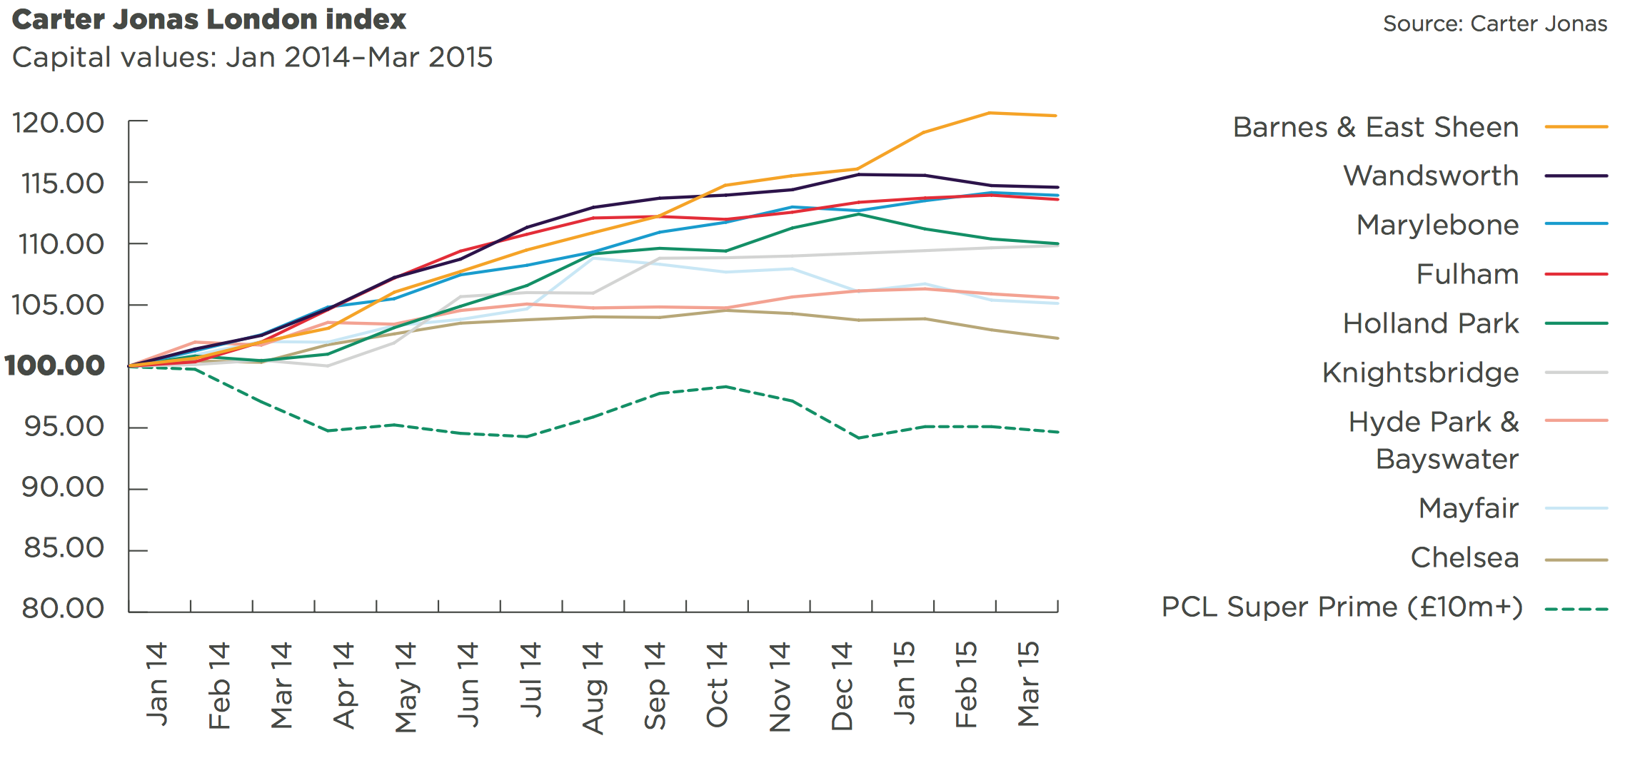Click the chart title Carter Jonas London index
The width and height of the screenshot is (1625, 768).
tap(209, 20)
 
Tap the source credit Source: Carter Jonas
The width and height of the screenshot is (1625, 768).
tap(1494, 24)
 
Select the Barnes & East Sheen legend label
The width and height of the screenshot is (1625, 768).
tap(1375, 127)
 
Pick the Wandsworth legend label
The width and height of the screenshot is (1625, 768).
tap(1430, 176)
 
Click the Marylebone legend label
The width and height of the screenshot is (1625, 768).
tap(1437, 225)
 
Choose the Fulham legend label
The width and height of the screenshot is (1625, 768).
tap(1467, 274)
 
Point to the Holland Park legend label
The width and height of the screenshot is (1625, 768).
tap(1430, 323)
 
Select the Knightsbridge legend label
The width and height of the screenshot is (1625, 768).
tap(1420, 373)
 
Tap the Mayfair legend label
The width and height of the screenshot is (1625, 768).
tap(1468, 508)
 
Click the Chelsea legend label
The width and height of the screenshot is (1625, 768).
tap(1464, 557)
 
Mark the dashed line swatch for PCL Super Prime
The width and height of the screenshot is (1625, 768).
tap(1576, 610)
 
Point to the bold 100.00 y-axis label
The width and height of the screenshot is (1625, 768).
tap(55, 366)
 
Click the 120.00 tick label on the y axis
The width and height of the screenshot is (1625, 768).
tap(59, 123)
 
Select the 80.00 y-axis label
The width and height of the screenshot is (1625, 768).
tap(63, 609)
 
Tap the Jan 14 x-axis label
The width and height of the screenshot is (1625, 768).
tap(157, 684)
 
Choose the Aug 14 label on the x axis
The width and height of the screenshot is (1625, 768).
tap(593, 687)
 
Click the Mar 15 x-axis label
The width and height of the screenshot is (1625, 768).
tap(1028, 684)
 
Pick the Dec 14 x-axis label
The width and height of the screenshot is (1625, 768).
tap(842, 686)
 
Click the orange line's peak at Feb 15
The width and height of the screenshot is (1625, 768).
tap(990, 113)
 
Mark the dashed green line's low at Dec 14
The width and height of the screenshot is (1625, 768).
tap(857, 438)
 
